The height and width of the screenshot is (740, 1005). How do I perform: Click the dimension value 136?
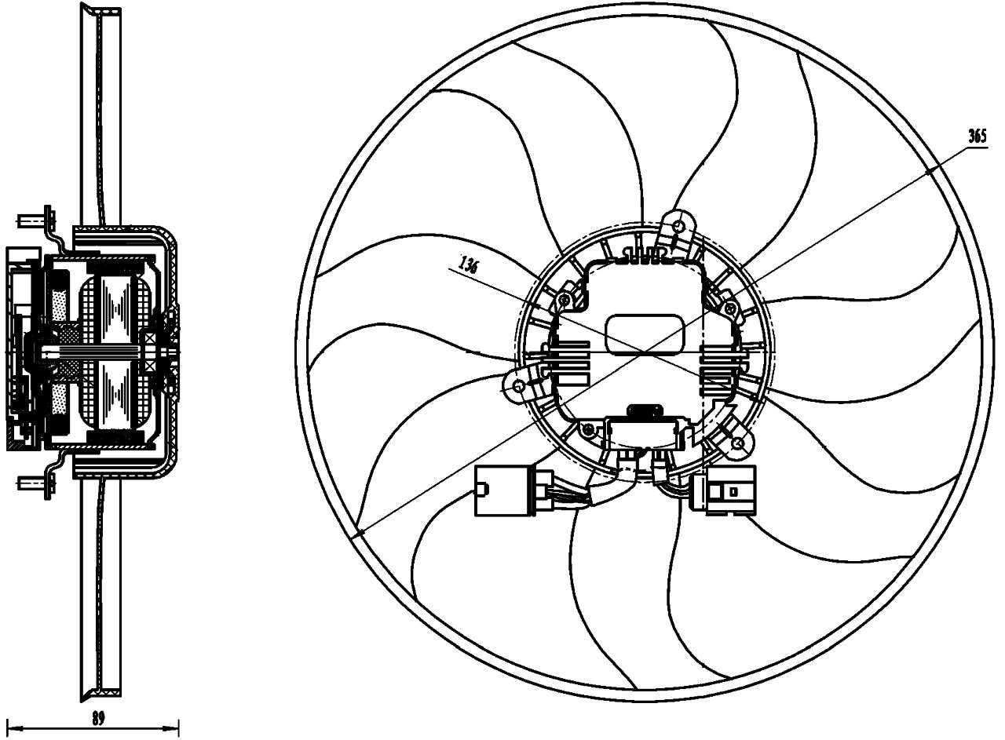(x=468, y=264)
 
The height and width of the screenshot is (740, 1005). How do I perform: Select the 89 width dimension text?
(x=97, y=718)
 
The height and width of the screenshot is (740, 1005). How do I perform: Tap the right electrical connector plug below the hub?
(x=730, y=490)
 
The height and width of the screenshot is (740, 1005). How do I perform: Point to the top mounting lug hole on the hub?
(x=678, y=227)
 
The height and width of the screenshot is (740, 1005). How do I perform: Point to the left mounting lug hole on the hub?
(x=519, y=386)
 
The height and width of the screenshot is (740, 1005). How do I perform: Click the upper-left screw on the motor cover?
(x=564, y=301)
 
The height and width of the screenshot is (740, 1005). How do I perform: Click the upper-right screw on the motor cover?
(x=730, y=309)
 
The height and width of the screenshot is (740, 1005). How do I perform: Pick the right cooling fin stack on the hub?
(x=721, y=364)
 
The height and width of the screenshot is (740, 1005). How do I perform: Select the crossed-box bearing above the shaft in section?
(x=148, y=342)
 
